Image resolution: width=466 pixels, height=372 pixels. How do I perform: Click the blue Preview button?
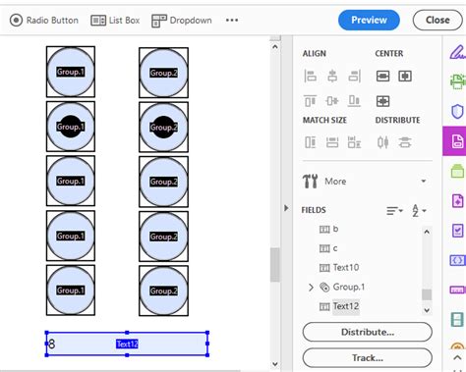click(x=369, y=20)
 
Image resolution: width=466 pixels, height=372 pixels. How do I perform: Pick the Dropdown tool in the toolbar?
click(x=182, y=20)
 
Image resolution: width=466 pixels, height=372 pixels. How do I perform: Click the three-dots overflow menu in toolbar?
click(x=232, y=20)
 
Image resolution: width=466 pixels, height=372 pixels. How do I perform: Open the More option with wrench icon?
click(x=334, y=181)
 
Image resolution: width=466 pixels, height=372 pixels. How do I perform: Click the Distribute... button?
click(x=367, y=332)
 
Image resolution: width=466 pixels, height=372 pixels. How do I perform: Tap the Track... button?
click(x=367, y=357)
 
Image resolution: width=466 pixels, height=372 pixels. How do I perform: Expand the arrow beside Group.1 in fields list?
click(x=311, y=287)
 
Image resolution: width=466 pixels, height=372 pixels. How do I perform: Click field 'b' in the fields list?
click(x=335, y=228)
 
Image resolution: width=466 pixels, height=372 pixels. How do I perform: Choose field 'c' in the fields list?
click(x=335, y=247)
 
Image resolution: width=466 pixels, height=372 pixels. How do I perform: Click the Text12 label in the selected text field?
click(x=127, y=344)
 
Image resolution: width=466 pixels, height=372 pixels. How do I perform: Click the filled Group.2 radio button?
click(x=163, y=127)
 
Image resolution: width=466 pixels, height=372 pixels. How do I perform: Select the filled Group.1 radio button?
click(x=71, y=127)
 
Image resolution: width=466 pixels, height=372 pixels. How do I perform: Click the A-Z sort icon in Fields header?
click(x=418, y=210)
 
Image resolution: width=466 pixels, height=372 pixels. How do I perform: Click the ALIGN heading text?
click(x=315, y=53)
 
